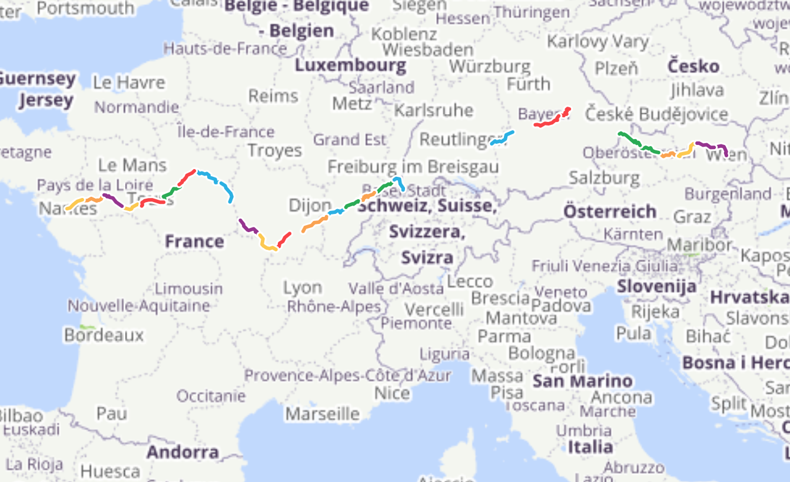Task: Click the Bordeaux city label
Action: [x=104, y=335]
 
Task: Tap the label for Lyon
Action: [x=303, y=288]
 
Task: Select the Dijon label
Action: [x=310, y=206]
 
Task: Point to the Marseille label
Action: [x=322, y=414]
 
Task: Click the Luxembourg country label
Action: [x=350, y=65]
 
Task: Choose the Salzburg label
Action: [x=604, y=177]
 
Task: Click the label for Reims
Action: [x=273, y=95]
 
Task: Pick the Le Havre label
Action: [x=129, y=82]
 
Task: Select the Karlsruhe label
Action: [x=434, y=110]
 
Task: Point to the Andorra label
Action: [x=182, y=453]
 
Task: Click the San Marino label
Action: [x=582, y=381]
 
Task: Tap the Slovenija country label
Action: [x=656, y=287]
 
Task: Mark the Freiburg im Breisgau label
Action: [x=413, y=167]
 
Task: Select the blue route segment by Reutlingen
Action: [x=502, y=138]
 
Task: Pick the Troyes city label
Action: [x=274, y=150]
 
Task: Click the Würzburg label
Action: [x=490, y=66]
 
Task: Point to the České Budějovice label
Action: [x=656, y=114]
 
